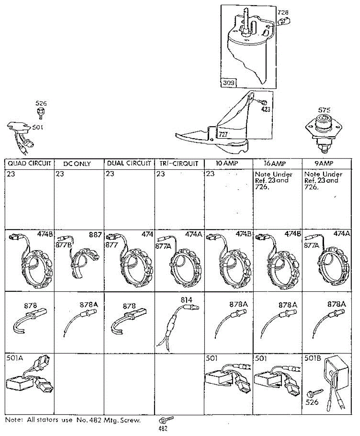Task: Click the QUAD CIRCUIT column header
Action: [x=29, y=163]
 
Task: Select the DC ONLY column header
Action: [x=77, y=164]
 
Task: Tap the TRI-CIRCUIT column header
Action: [x=179, y=163]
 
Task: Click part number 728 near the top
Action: [x=283, y=13]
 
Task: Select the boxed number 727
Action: [x=223, y=134]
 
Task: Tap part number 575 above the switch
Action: [x=324, y=109]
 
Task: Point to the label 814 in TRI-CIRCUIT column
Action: [x=186, y=300]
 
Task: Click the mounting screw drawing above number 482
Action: [x=165, y=420]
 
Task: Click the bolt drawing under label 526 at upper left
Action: [x=41, y=113]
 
